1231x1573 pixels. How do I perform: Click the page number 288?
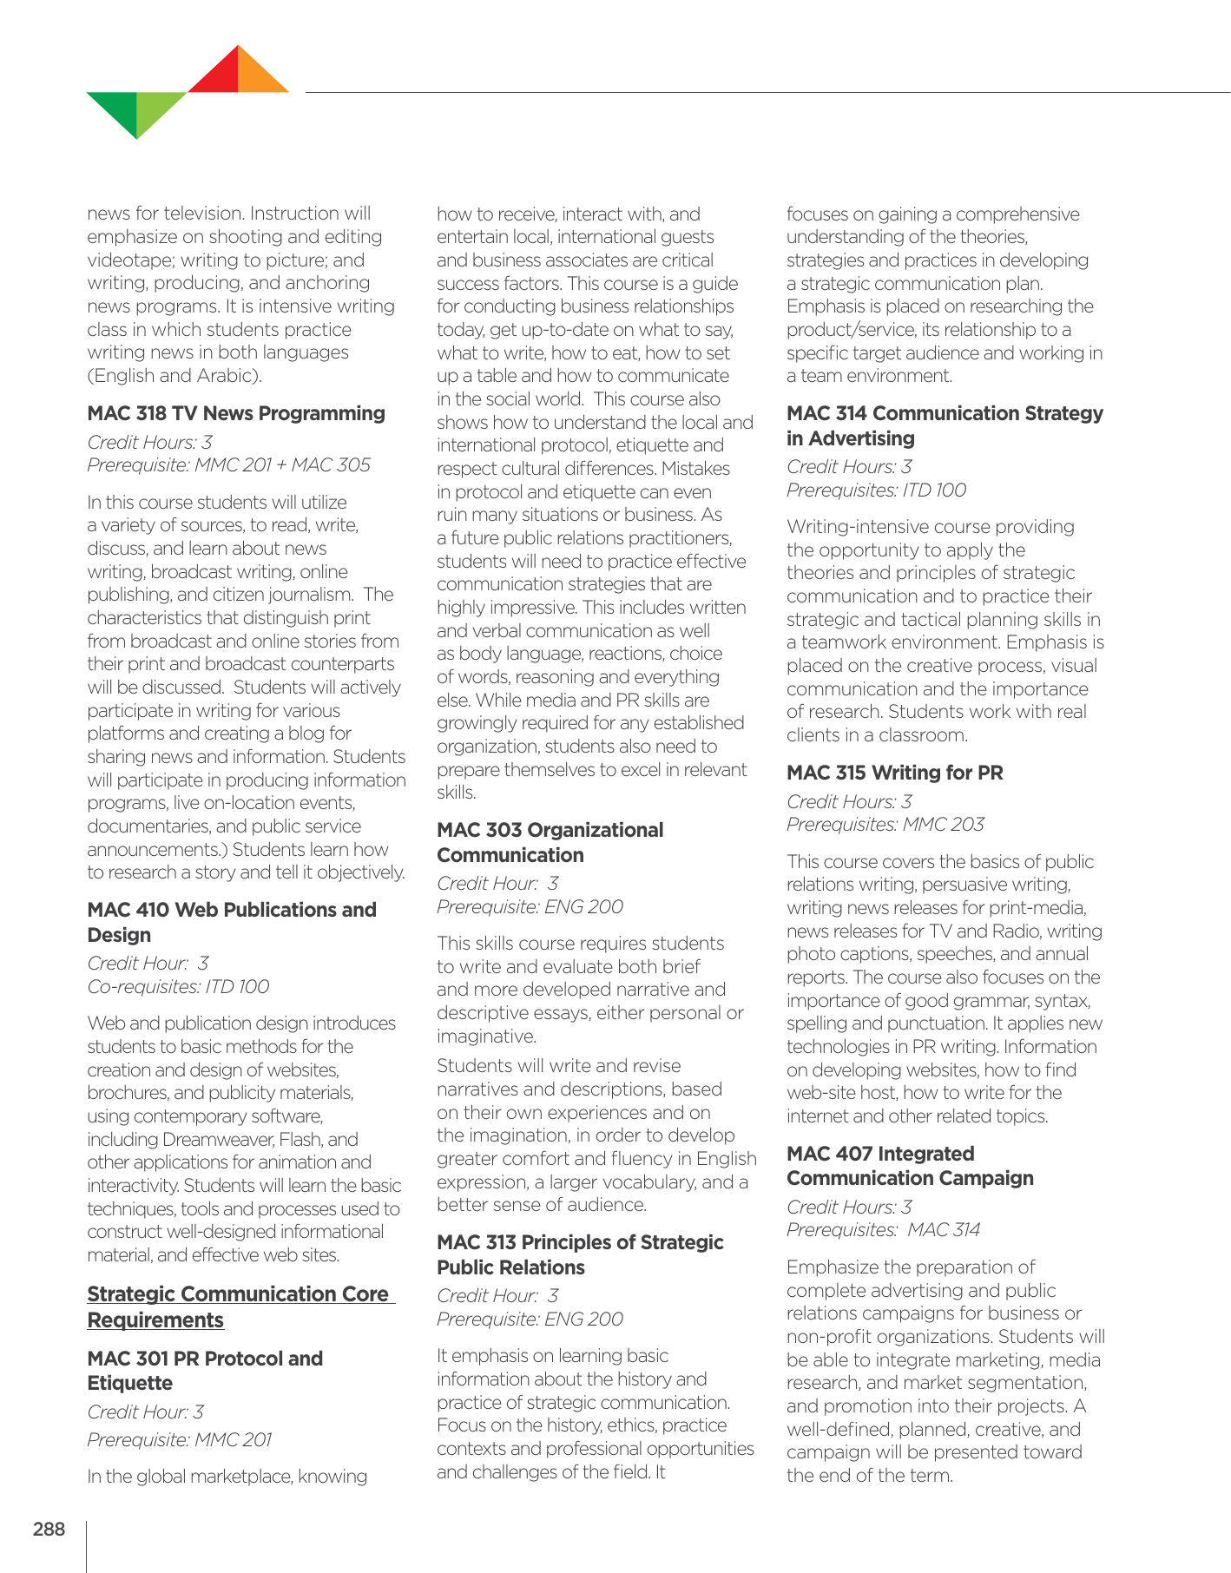(49, 1529)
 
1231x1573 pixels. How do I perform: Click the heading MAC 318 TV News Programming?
(236, 413)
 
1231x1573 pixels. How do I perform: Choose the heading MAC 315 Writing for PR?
(894, 773)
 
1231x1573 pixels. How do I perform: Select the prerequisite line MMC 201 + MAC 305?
(228, 465)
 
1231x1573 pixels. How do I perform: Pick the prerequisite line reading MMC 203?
(885, 825)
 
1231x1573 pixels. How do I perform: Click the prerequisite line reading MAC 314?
(883, 1230)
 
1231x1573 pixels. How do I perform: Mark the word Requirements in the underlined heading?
(155, 1320)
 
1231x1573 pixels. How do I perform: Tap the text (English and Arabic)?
(174, 376)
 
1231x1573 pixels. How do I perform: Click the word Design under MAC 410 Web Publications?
(119, 935)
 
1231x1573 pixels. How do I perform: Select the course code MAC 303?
(479, 830)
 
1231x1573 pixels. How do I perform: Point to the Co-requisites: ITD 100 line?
(178, 987)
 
